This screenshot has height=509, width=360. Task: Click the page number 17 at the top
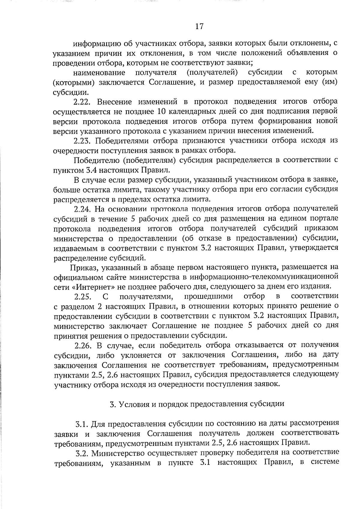(199, 27)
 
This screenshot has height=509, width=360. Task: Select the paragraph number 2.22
(82, 102)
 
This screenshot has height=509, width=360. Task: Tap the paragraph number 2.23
(82, 141)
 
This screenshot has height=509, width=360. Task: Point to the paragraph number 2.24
(82, 208)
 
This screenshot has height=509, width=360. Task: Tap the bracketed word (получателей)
(212, 73)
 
